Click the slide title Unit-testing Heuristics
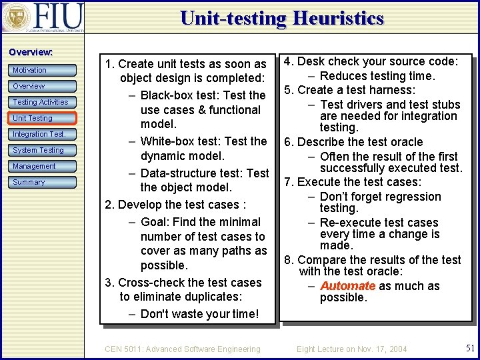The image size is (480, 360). tap(281, 18)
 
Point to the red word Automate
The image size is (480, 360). tap(347, 286)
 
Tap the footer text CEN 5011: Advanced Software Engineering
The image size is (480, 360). tap(183, 349)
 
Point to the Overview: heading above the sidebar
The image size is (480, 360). tap(31, 52)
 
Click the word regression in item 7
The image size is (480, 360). tap(411, 197)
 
